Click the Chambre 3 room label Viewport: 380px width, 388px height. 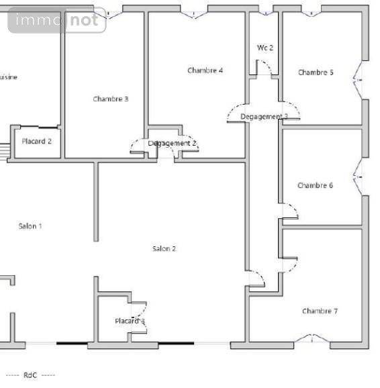pos(111,99)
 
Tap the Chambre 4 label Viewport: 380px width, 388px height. pos(205,70)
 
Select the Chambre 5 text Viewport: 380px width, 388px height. pos(316,72)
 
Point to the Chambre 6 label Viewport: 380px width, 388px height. pos(316,185)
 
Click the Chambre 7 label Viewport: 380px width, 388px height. pos(320,311)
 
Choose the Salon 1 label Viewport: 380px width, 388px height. pos(30,226)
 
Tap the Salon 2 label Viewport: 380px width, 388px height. pos(164,248)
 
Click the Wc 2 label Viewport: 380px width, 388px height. pos(265,48)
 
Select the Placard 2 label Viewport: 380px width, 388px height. pos(37,141)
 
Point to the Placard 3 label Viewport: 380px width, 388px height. pos(130,321)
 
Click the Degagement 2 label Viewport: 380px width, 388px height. pos(173,143)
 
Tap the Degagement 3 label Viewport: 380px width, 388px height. pos(264,117)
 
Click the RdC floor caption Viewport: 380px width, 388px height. pos(30,375)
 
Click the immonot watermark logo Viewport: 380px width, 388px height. pos(57,21)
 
